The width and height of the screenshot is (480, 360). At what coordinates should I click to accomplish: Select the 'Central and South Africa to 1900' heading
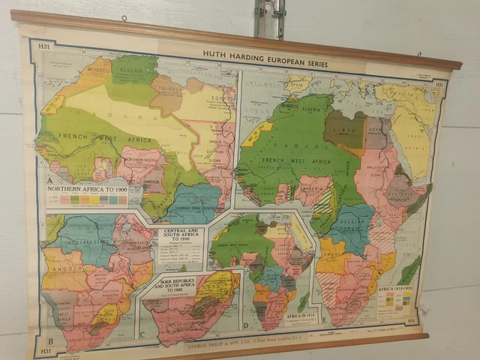point(181,233)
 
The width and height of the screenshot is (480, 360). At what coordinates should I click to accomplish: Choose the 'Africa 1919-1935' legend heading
point(397,287)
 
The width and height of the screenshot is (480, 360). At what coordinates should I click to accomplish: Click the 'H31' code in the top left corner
point(43,47)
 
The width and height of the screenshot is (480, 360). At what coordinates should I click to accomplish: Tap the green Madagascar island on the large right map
point(410,269)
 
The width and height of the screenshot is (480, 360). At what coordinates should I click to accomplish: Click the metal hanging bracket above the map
point(269,18)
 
